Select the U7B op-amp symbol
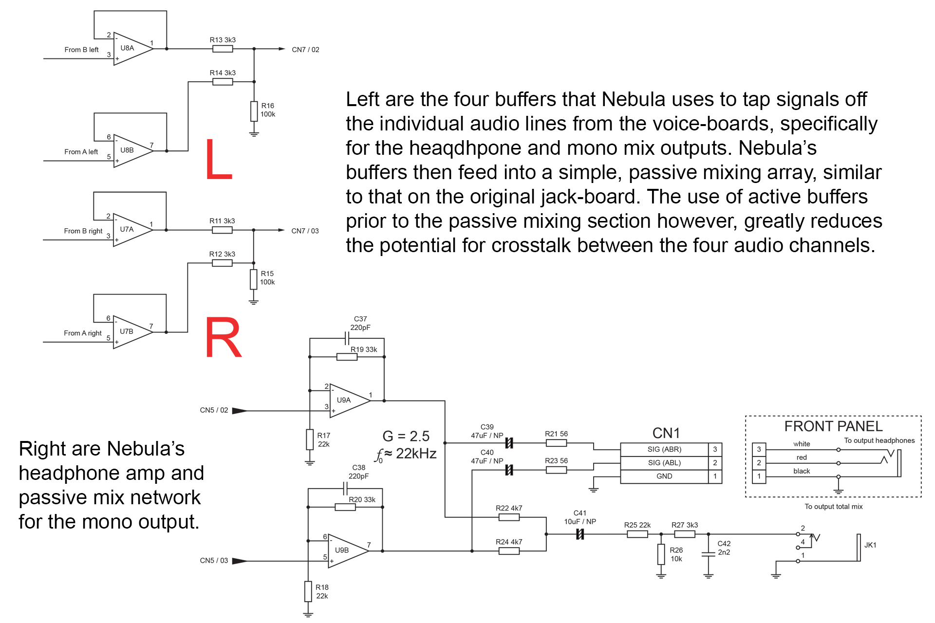pyautogui.click(x=131, y=332)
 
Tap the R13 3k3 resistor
pyautogui.click(x=223, y=49)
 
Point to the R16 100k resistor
pyautogui.click(x=254, y=111)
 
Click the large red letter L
pyautogui.click(x=218, y=159)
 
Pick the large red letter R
pyautogui.click(x=223, y=338)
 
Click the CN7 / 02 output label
pyautogui.click(x=305, y=50)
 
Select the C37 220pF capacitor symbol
pyautogui.click(x=347, y=338)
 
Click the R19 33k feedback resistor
pyautogui.click(x=347, y=357)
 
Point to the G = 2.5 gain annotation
pyautogui.click(x=406, y=436)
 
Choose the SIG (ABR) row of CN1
pyautogui.click(x=664, y=449)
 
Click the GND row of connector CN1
pyautogui.click(x=664, y=476)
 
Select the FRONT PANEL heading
pyautogui.click(x=833, y=426)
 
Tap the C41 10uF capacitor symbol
pyautogui.click(x=580, y=534)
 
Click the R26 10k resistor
pyautogui.click(x=661, y=554)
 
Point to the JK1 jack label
pyautogui.click(x=870, y=545)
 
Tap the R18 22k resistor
pyautogui.click(x=308, y=591)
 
